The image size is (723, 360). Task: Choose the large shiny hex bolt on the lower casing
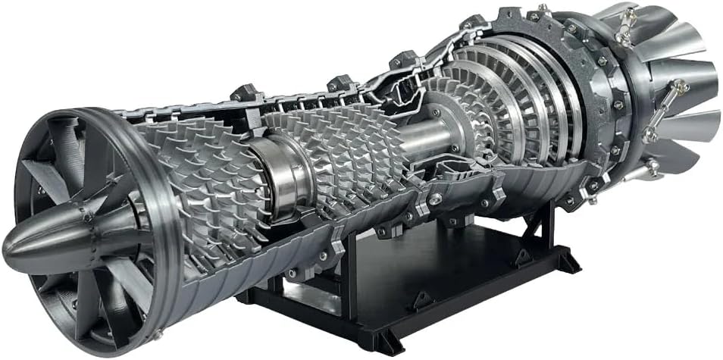(x=435, y=199)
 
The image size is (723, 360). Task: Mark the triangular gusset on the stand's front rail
(x=424, y=299)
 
